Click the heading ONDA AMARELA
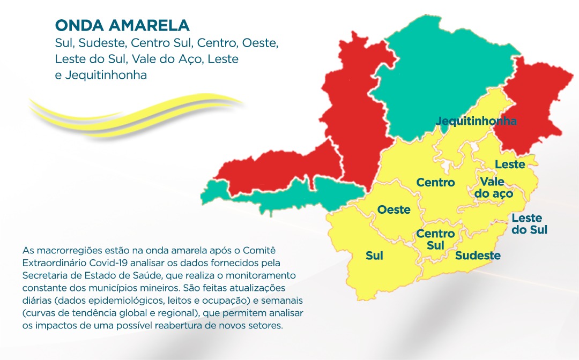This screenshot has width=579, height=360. tap(122, 25)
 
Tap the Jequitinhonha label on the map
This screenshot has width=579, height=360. tap(476, 121)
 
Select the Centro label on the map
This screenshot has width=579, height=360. tap(435, 183)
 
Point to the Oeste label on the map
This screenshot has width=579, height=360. tap(394, 209)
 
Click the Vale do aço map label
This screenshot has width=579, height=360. tap(496, 187)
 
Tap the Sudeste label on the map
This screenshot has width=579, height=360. tap(478, 256)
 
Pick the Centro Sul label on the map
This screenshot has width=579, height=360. tap(435, 239)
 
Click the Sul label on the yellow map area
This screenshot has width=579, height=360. tap(374, 256)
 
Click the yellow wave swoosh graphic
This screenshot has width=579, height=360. tap(134, 112)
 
